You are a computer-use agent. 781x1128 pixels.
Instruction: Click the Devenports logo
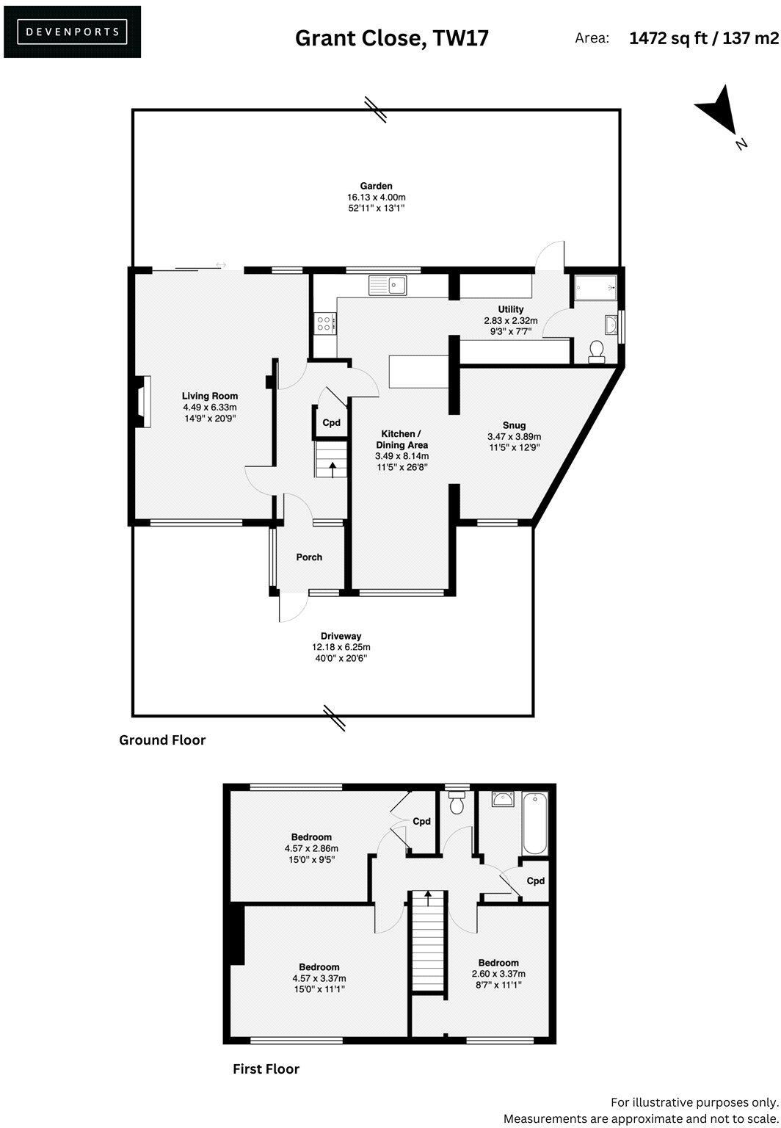point(72,32)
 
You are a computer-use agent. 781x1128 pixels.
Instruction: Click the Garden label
point(376,187)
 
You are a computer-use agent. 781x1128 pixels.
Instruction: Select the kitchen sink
point(388,284)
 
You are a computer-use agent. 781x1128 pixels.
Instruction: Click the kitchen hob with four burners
point(324,323)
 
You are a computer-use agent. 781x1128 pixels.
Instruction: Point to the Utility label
point(511,309)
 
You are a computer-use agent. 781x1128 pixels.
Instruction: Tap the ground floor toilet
point(597,351)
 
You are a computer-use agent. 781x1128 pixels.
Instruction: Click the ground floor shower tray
point(595,288)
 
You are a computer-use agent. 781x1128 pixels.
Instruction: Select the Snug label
point(514,425)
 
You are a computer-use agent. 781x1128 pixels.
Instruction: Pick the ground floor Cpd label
point(332,423)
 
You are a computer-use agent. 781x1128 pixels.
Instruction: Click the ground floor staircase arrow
point(333,468)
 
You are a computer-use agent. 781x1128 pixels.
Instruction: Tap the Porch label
point(309,557)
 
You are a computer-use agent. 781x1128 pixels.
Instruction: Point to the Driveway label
point(341,636)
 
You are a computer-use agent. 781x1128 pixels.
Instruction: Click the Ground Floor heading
point(162,740)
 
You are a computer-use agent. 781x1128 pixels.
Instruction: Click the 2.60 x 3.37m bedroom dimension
point(498,975)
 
